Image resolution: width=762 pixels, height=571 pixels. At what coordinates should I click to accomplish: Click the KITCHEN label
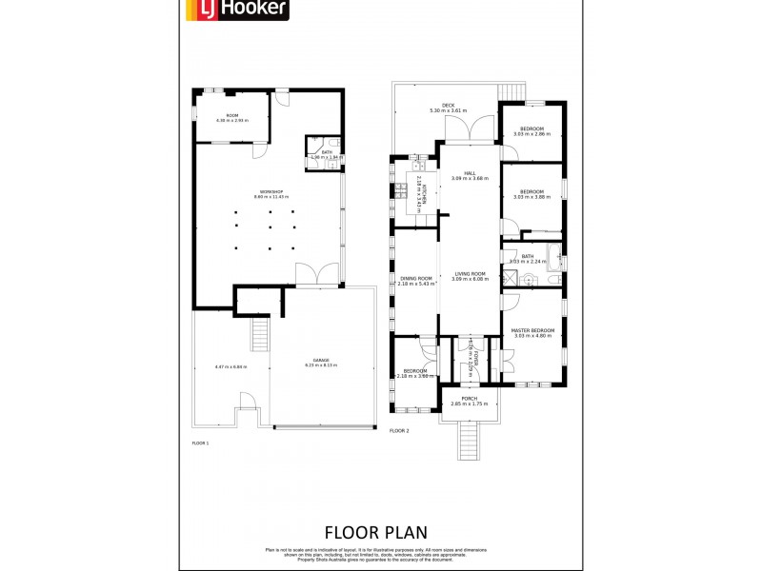click(x=419, y=190)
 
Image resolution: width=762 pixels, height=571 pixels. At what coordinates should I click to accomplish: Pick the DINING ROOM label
click(x=416, y=279)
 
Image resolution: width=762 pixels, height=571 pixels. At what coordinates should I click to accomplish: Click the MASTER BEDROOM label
click(x=533, y=330)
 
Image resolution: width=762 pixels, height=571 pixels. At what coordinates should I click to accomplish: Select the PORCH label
click(x=469, y=399)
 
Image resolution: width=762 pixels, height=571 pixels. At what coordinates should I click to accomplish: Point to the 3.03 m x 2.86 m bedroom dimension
click(x=531, y=134)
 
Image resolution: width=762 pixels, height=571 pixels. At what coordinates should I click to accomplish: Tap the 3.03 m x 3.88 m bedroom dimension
click(x=531, y=197)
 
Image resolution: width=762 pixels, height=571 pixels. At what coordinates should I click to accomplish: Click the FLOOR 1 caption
click(x=200, y=443)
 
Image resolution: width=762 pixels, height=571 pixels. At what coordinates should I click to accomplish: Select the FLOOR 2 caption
click(x=399, y=430)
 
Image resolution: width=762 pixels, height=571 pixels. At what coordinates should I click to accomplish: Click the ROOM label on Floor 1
click(x=231, y=115)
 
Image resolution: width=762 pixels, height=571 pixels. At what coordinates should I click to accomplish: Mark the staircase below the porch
click(x=469, y=441)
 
